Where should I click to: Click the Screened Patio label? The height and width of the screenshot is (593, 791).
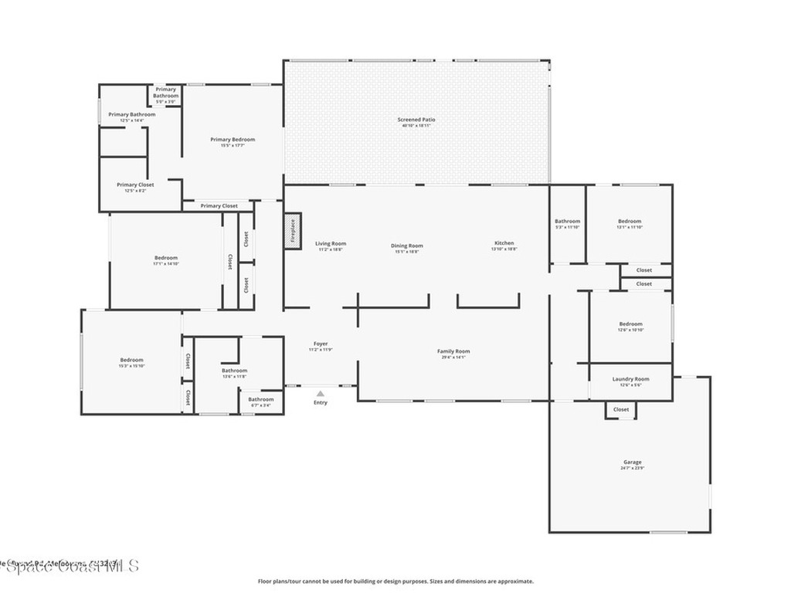click(416, 120)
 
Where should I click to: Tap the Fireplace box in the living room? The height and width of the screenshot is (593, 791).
click(293, 230)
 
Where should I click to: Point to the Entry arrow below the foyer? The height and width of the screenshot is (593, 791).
click(320, 394)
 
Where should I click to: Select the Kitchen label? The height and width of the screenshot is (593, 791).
click(504, 243)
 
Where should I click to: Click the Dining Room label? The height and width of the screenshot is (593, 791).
click(406, 246)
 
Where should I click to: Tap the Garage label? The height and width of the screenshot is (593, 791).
click(631, 462)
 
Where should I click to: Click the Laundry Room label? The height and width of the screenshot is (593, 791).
click(630, 379)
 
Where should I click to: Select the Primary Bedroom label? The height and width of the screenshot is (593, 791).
click(233, 140)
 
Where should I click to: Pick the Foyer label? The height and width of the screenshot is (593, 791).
click(321, 344)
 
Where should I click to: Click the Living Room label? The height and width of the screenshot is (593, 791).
click(331, 244)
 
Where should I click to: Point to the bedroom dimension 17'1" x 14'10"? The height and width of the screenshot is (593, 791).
click(165, 264)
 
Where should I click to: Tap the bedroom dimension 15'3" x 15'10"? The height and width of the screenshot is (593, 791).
click(131, 366)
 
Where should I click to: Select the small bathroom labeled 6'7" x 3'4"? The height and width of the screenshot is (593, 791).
click(260, 402)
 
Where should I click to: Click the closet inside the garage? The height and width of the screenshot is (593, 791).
click(621, 409)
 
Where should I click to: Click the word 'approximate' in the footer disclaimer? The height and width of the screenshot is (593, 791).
click(515, 581)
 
